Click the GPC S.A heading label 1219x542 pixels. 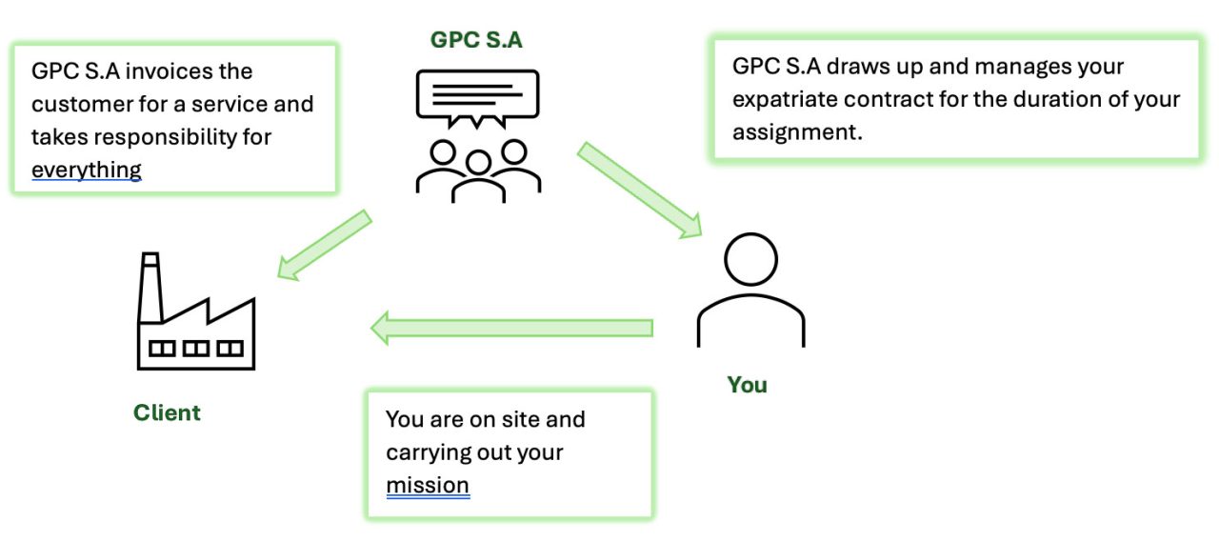476,40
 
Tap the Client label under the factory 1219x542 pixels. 167,412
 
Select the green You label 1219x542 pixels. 747,384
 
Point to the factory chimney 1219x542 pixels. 149,286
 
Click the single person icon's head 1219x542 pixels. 750,260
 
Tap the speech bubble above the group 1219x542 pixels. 476,96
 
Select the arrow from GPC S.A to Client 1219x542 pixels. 324,245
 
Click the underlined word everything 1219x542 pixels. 87,170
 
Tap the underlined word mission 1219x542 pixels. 428,485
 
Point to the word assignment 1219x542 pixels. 797,131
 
